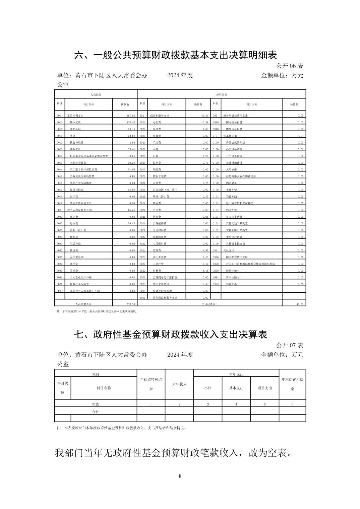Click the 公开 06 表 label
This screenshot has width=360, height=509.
tap(290, 66)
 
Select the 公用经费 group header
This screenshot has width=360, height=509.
tap(222, 95)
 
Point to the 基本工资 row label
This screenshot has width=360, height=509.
tap(75, 122)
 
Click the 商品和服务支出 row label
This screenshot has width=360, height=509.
tap(159, 116)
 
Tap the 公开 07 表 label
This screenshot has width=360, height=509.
tap(290, 345)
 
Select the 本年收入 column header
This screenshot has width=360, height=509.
tap(179, 384)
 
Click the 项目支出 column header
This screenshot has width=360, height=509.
tap(264, 388)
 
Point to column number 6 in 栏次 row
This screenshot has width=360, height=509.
tap(292, 404)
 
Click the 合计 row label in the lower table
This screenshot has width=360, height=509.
tap(96, 412)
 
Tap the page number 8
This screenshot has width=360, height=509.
tap(180, 476)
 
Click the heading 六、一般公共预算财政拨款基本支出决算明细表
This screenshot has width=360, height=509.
tap(175, 55)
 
